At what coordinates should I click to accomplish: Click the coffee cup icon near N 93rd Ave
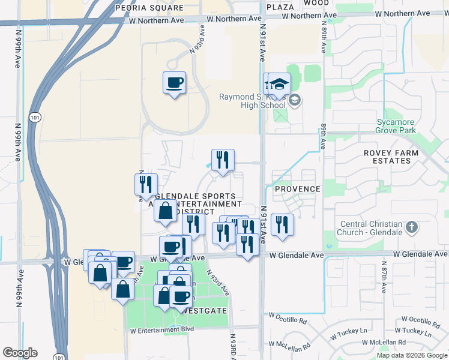(x=174, y=83)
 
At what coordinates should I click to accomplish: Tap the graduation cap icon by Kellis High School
(x=279, y=85)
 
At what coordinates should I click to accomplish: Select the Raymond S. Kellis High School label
(x=252, y=101)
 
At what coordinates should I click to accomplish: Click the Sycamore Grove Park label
(x=396, y=125)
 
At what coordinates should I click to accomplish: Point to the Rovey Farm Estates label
(x=394, y=157)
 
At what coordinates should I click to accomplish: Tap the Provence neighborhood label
(x=297, y=189)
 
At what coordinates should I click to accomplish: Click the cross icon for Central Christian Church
(x=411, y=227)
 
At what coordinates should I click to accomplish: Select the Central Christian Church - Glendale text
(x=370, y=229)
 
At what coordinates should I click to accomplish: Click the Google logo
(x=20, y=353)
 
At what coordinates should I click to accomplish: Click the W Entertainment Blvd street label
(x=162, y=330)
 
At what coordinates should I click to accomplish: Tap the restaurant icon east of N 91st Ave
(x=282, y=225)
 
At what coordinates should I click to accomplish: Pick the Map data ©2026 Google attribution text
(x=411, y=355)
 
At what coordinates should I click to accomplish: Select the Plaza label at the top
(x=280, y=7)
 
